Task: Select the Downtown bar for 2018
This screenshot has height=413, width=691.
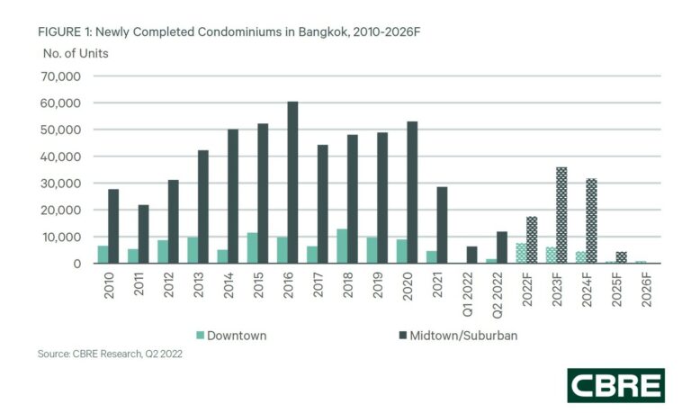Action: click(x=341, y=247)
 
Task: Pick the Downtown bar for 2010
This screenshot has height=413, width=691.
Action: click(x=103, y=255)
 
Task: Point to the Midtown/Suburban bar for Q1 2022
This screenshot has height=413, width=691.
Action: click(x=471, y=255)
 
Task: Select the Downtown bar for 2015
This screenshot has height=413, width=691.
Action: click(x=252, y=248)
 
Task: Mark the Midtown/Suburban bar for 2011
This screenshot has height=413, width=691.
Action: click(x=143, y=234)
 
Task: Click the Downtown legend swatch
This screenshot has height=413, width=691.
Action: click(x=199, y=336)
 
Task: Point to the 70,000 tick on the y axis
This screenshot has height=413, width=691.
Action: click(x=64, y=76)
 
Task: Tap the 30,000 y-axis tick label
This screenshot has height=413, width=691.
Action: click(x=64, y=184)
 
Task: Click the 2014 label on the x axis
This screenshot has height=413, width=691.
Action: click(x=227, y=287)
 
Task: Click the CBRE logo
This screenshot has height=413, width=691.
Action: click(x=615, y=384)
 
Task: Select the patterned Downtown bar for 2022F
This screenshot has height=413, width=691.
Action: click(x=521, y=253)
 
